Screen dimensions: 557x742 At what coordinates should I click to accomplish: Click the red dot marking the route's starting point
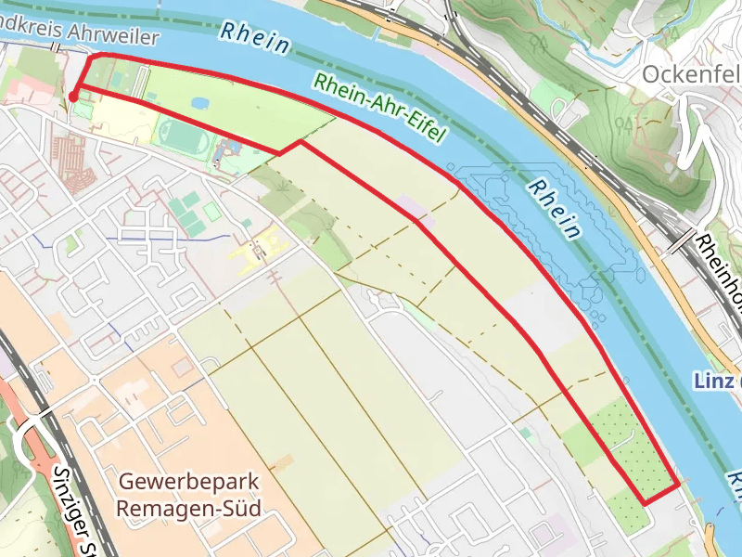click(72, 96)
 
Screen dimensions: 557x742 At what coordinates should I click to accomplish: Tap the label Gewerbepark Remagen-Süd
click(189, 495)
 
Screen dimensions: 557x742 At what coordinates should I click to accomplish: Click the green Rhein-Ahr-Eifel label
click(379, 108)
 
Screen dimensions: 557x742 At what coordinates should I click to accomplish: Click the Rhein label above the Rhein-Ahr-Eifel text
click(256, 36)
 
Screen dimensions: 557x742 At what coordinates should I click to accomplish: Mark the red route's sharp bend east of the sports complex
click(299, 142)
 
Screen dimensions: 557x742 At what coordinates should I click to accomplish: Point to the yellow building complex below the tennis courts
click(262, 245)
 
